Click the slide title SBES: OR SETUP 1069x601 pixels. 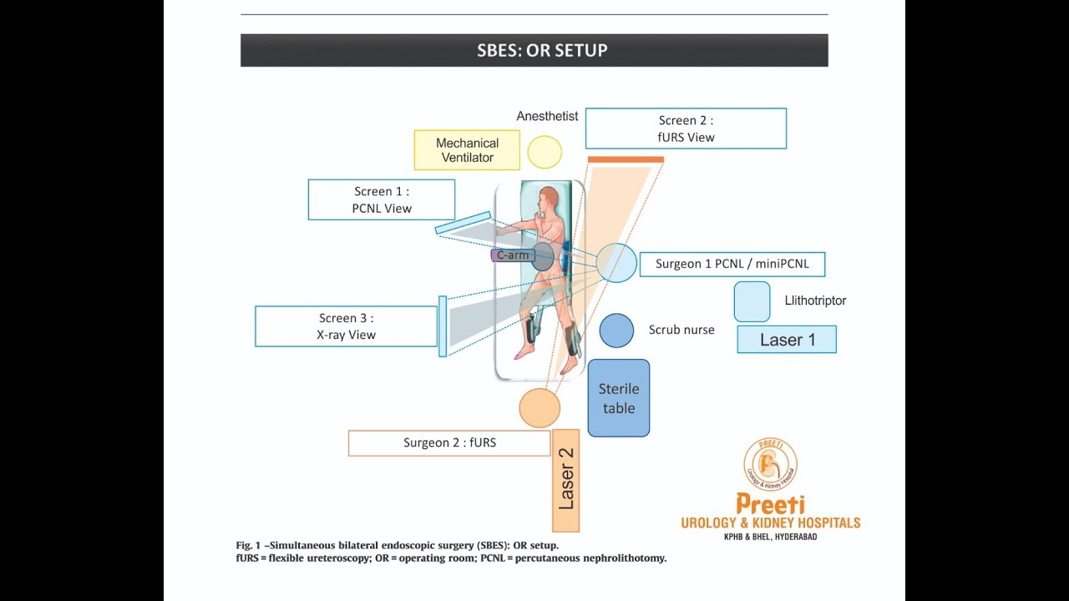tap(542, 50)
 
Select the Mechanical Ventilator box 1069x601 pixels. tap(467, 150)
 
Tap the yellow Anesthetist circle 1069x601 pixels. tap(545, 152)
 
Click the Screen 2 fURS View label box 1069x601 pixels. tap(686, 129)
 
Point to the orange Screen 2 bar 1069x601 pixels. tap(626, 159)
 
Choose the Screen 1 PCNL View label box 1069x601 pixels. tap(381, 200)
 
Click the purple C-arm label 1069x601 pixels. tap(511, 255)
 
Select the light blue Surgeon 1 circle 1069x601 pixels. tap(617, 263)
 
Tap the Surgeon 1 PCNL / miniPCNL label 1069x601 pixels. tap(732, 264)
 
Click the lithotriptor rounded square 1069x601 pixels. tap(752, 301)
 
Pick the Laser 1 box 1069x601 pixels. tap(787, 340)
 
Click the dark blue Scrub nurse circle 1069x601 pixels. tap(616, 331)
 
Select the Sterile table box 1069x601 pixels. tap(618, 398)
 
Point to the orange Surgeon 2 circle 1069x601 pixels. tap(540, 408)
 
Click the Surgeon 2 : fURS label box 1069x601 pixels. tap(449, 443)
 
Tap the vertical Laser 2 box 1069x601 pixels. tap(565, 480)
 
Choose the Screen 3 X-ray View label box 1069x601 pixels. tap(346, 326)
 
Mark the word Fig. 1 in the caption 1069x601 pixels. tap(248, 546)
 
